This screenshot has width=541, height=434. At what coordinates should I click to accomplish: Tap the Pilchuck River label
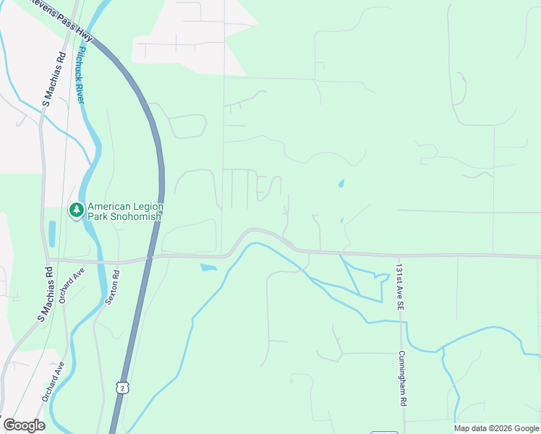(x=80, y=75)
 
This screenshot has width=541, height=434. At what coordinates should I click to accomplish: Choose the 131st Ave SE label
(x=399, y=287)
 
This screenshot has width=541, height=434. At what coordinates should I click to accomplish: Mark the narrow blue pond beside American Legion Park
(x=52, y=234)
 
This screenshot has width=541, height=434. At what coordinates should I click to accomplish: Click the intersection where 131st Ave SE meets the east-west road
(x=399, y=255)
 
